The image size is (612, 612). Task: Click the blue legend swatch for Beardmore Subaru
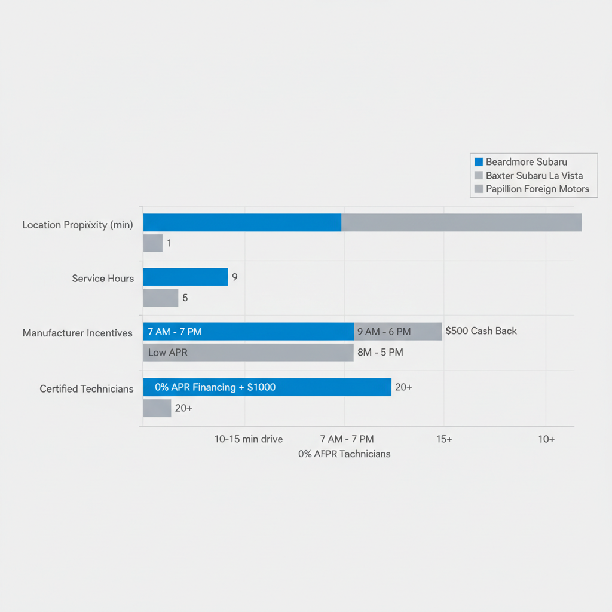(x=478, y=162)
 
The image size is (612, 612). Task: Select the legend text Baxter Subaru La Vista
(x=534, y=176)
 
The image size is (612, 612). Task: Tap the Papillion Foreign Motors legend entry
(x=537, y=189)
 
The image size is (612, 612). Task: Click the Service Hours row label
(x=103, y=279)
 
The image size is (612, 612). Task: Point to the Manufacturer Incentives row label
(x=78, y=333)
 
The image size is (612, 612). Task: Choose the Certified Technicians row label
(x=87, y=389)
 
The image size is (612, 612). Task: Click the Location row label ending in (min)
(x=78, y=225)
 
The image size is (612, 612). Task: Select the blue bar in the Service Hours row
(x=185, y=277)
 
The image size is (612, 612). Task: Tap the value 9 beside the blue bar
(x=235, y=277)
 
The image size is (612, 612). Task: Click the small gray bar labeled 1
(x=153, y=243)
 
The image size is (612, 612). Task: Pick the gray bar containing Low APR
(x=248, y=353)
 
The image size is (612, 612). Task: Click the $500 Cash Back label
(x=481, y=331)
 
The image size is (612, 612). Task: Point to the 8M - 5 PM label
(x=380, y=353)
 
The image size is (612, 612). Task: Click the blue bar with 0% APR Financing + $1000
(x=267, y=387)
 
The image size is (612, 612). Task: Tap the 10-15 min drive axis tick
(x=249, y=439)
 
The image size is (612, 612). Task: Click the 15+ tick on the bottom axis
(x=444, y=439)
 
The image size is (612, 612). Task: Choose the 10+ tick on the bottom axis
(x=546, y=439)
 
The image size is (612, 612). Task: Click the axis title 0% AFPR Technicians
(x=344, y=454)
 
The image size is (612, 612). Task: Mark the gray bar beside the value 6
(x=161, y=298)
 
